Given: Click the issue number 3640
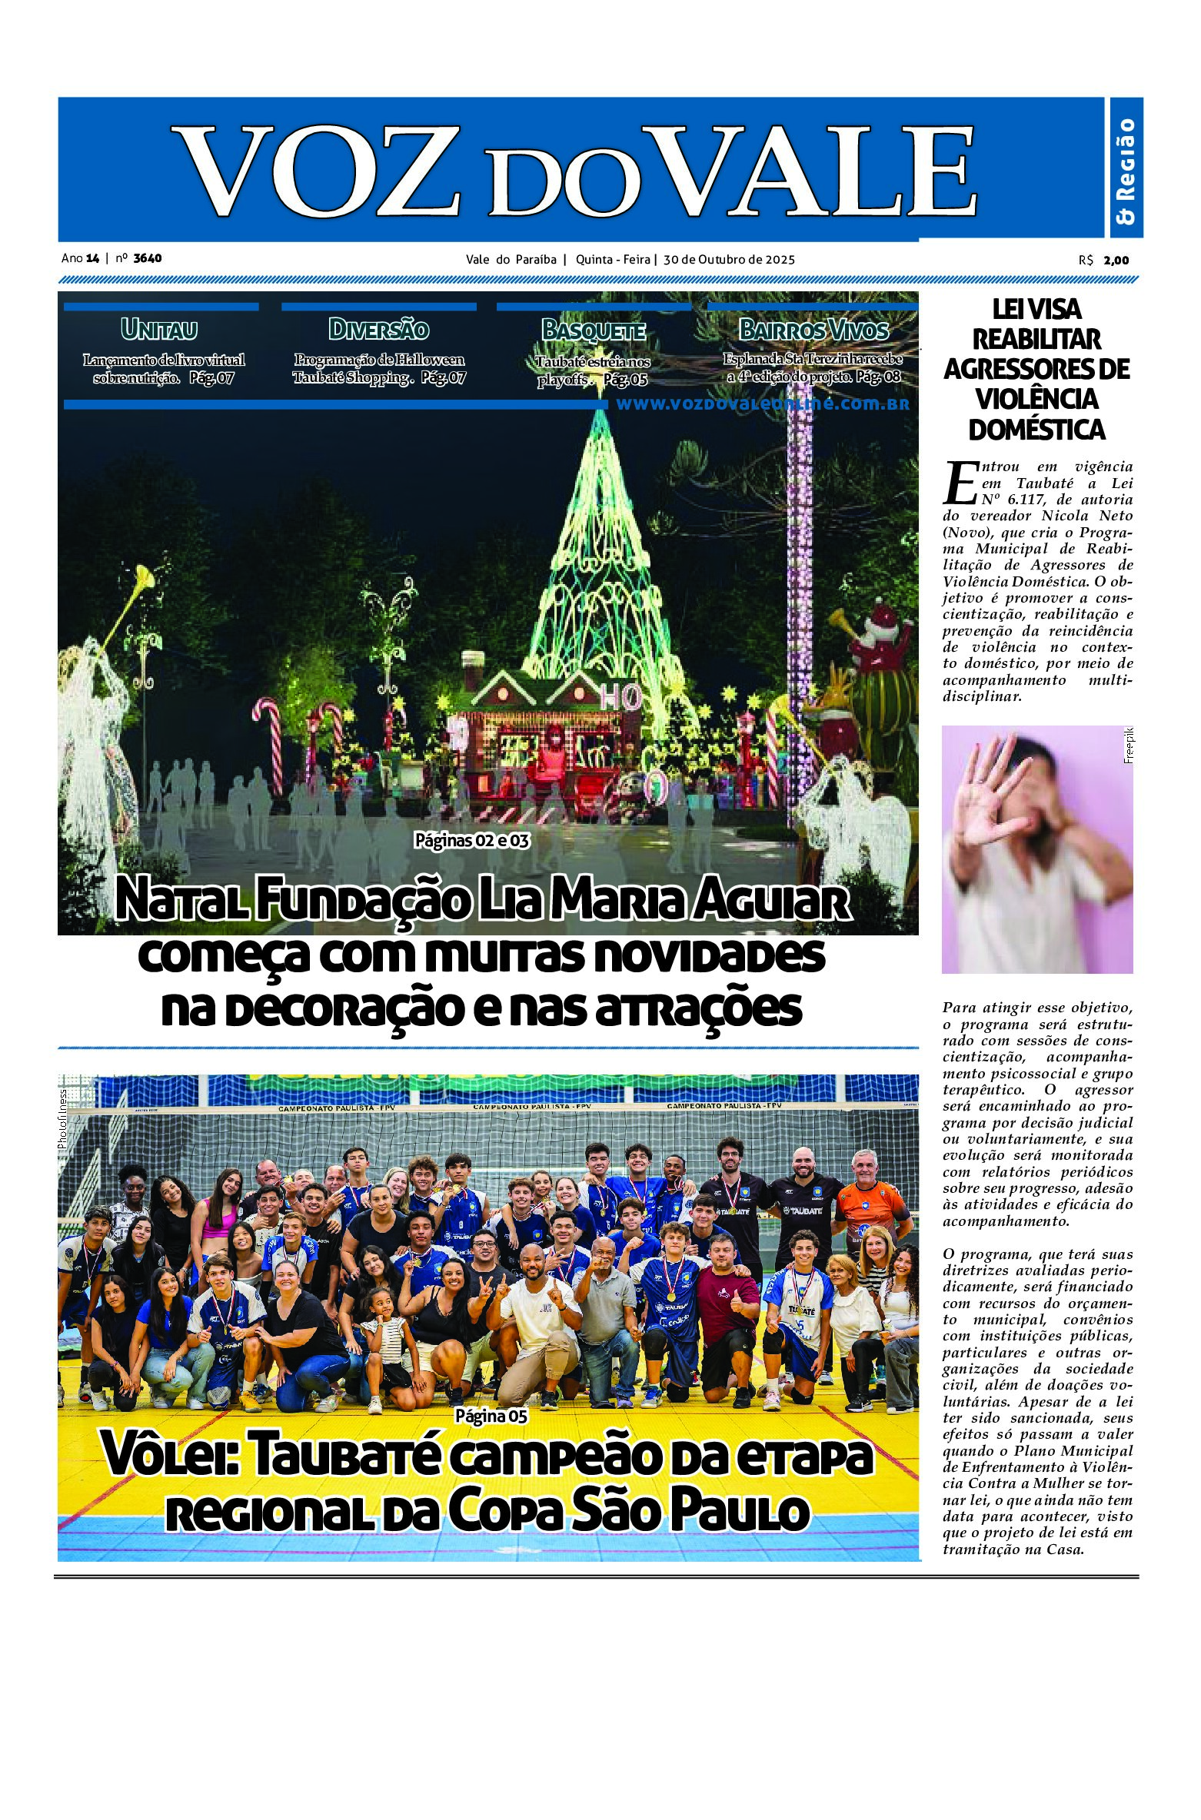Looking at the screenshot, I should pos(148,259).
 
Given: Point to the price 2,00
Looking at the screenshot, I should pos(1116,261).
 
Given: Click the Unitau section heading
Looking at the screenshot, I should pos(159,330).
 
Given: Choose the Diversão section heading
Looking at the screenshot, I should pos(379,330).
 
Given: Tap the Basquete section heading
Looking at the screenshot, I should pos(593,331).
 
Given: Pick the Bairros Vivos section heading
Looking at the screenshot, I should pos(813,330).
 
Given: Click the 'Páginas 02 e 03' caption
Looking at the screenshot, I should pos(472,841).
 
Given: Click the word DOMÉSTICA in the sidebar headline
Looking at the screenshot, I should pos(1036,430).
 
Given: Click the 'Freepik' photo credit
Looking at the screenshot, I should pos(1128,745).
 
